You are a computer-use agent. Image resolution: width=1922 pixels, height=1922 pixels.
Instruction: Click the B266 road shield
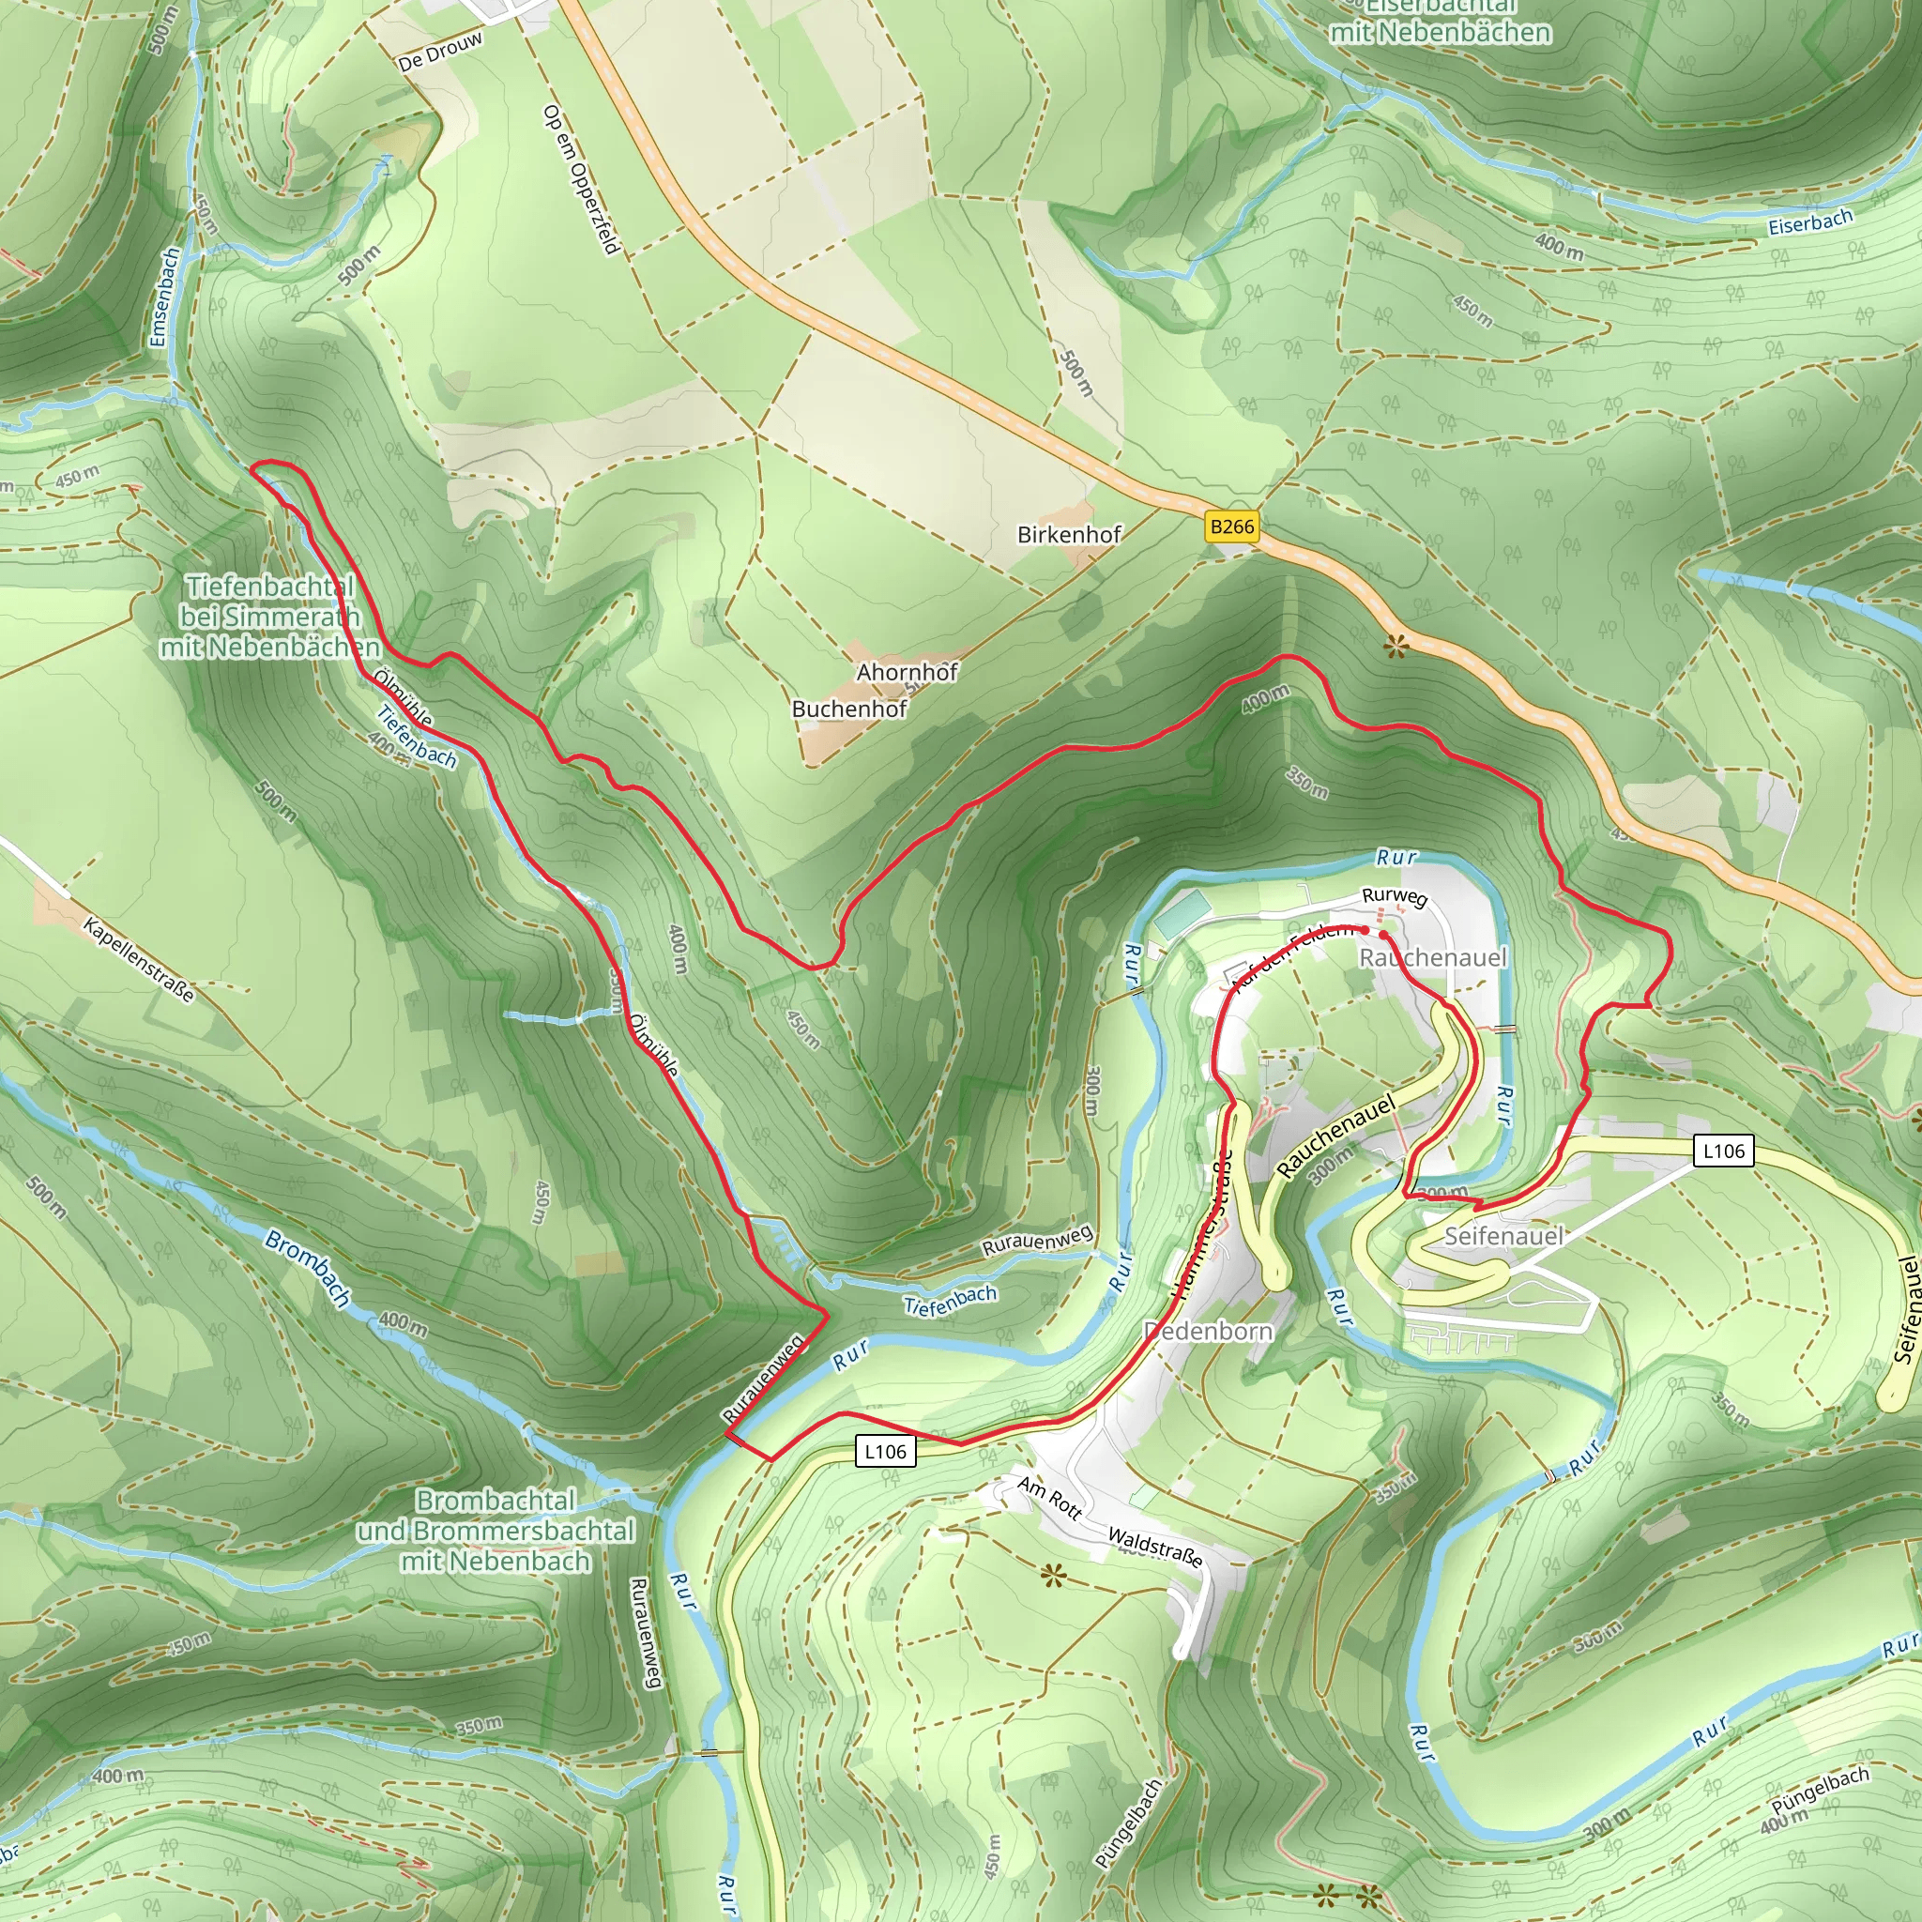point(1231,526)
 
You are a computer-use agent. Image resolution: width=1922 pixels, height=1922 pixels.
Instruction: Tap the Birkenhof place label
point(1070,535)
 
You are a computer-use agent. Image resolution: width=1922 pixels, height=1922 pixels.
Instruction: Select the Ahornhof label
point(907,673)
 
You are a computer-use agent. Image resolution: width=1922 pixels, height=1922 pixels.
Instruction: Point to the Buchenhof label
point(848,709)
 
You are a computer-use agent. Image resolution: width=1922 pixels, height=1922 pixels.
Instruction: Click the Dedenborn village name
point(1208,1331)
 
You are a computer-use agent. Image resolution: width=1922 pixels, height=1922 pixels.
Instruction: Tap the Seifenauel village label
point(1503,1237)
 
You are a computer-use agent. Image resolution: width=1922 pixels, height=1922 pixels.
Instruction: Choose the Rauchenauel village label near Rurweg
point(1432,958)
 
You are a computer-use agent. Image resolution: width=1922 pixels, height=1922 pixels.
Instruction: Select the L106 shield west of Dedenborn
point(884,1452)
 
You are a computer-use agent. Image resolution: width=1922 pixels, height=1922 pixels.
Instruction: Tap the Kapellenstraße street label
point(138,960)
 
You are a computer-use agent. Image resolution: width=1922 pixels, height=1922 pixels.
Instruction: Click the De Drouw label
point(440,51)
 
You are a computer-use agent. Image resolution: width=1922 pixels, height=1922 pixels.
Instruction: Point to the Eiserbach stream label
point(1809,221)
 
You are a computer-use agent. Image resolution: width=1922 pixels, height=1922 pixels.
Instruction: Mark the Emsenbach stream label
point(165,297)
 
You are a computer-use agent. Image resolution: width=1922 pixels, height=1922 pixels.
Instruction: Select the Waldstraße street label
point(1155,1547)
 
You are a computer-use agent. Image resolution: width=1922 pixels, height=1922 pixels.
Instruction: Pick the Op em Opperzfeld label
point(582,179)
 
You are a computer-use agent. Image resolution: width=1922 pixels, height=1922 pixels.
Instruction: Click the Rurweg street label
point(1394,896)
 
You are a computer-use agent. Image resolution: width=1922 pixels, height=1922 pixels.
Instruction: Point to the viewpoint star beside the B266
point(1396,648)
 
